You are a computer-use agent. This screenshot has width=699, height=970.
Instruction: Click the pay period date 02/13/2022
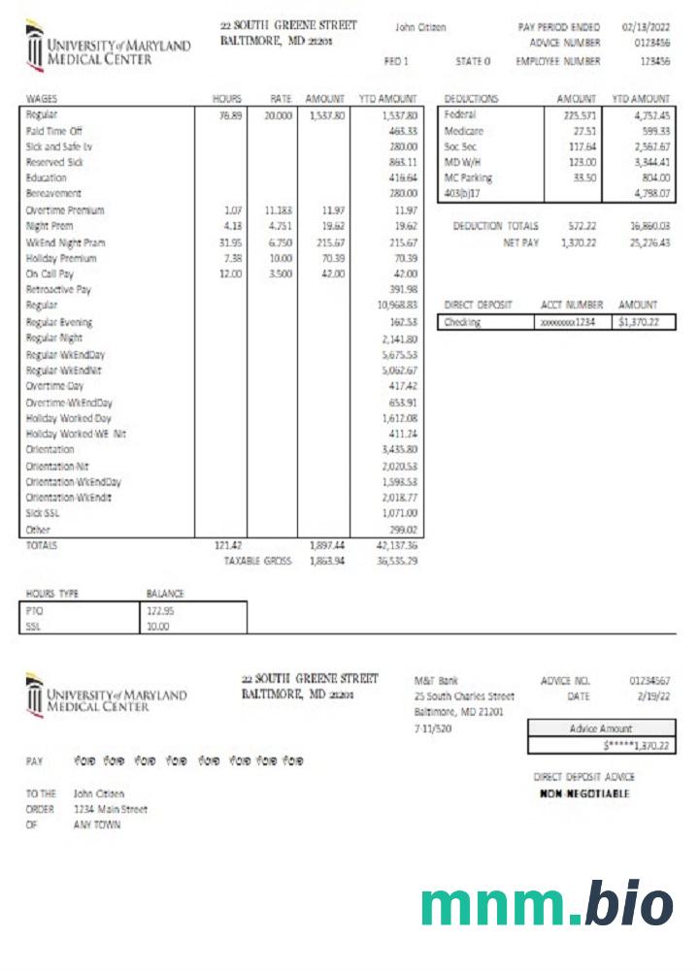click(646, 27)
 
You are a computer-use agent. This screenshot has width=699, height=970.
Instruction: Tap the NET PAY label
click(519, 242)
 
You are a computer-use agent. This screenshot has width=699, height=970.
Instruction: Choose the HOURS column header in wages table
click(227, 99)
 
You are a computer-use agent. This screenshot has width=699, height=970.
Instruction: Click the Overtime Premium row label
click(66, 210)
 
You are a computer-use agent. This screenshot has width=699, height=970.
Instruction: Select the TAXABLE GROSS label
click(257, 561)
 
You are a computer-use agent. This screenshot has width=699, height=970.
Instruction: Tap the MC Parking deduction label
click(468, 178)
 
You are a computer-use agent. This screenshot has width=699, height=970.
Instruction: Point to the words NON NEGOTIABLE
click(584, 793)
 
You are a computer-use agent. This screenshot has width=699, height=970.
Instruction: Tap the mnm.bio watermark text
click(547, 904)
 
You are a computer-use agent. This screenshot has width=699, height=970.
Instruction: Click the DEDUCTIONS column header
click(471, 99)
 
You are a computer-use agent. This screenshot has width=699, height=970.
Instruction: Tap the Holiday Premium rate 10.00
click(280, 259)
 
